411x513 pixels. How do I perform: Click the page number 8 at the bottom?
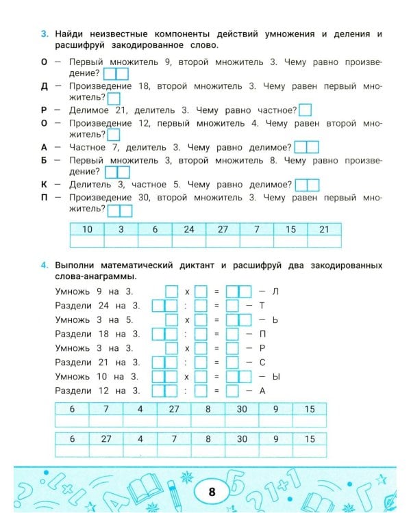click(x=211, y=491)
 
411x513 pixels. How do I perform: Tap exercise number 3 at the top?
click(x=45, y=34)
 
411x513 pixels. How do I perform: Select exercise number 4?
click(x=45, y=265)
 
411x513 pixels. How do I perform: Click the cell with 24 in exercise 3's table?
click(x=189, y=229)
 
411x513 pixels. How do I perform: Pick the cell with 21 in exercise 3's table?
click(x=325, y=229)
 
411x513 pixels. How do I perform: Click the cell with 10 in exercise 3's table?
click(x=87, y=229)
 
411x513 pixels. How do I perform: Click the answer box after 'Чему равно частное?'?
click(x=306, y=109)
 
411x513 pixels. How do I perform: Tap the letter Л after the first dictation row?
click(x=276, y=291)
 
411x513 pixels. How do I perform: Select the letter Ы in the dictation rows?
click(x=276, y=377)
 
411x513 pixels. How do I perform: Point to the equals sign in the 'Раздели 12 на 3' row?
click(x=216, y=391)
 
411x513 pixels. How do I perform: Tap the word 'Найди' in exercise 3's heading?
click(x=70, y=34)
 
